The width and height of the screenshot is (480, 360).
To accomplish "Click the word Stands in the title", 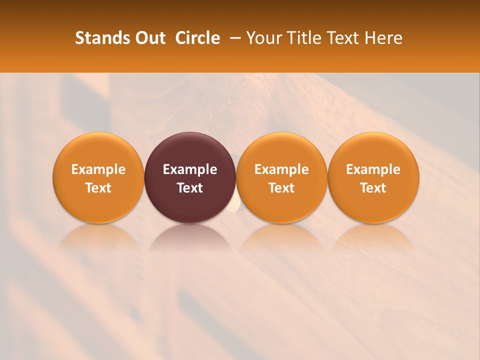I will (101, 38).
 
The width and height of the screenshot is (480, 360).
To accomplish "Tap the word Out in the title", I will (148, 38).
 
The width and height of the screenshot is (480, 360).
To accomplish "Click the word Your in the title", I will (264, 38).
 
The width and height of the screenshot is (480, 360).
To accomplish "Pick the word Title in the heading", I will (302, 38).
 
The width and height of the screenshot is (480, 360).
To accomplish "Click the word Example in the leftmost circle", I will (98, 169).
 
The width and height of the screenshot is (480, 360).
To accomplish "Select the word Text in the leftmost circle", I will (98, 188).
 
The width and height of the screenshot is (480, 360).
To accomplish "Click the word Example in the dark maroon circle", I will (190, 169).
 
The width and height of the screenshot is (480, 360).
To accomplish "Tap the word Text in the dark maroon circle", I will (190, 188).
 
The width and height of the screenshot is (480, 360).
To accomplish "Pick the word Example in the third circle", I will (281, 169).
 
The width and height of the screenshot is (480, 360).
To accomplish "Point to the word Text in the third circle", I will (281, 188).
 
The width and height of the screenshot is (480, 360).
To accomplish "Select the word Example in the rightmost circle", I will (373, 169).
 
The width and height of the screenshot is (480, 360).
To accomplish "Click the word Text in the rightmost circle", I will (373, 188).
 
